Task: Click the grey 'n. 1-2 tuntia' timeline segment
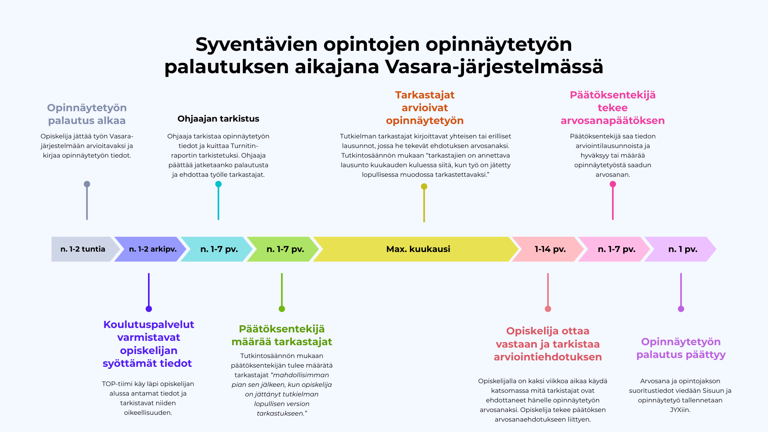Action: point(83,249)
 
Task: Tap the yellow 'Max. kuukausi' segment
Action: point(416,249)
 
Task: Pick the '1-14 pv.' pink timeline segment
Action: point(548,249)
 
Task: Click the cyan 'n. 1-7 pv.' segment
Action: point(218,249)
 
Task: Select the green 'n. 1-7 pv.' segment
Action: point(284,249)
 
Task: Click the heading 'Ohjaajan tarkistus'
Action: point(218,119)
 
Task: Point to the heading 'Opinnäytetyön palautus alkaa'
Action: point(87,114)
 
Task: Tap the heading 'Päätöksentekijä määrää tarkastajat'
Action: point(282,335)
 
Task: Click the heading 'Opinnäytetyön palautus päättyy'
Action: point(681,348)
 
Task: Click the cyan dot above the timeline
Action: point(218,184)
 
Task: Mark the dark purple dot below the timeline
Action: point(149,309)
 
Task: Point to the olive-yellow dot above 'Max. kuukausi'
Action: point(424,186)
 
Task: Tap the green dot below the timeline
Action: point(282,309)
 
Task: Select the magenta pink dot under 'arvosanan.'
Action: point(613,184)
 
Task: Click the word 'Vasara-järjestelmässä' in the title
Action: point(494,67)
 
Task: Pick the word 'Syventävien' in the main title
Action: point(256,44)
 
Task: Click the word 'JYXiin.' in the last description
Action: point(680,410)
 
